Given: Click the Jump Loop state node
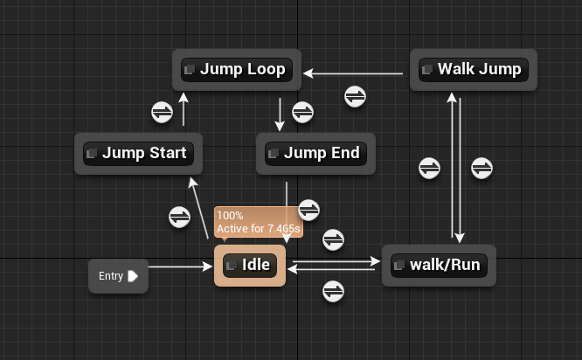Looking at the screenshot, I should [236, 69].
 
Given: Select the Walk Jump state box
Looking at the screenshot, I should [474, 69].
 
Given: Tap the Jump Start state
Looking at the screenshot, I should [138, 153].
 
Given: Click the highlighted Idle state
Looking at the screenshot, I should [250, 265].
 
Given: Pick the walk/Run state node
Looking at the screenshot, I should [439, 265].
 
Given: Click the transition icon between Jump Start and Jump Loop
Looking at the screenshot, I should [163, 112].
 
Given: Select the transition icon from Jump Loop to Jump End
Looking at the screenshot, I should [302, 112].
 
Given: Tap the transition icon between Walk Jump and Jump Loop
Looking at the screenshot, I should [355, 96].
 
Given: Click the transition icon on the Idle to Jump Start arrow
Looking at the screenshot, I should [179, 216].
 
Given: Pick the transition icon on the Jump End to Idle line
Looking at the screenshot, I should [309, 210].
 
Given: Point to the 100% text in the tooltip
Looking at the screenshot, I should [230, 216].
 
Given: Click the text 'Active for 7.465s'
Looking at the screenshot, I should [259, 229].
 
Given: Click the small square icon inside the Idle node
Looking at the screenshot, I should [232, 265].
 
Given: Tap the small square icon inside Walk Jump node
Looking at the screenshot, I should [427, 69].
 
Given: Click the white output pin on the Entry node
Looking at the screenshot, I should [132, 276].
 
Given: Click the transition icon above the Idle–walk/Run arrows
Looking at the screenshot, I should [333, 239].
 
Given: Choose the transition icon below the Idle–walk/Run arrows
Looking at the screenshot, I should [333, 291].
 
